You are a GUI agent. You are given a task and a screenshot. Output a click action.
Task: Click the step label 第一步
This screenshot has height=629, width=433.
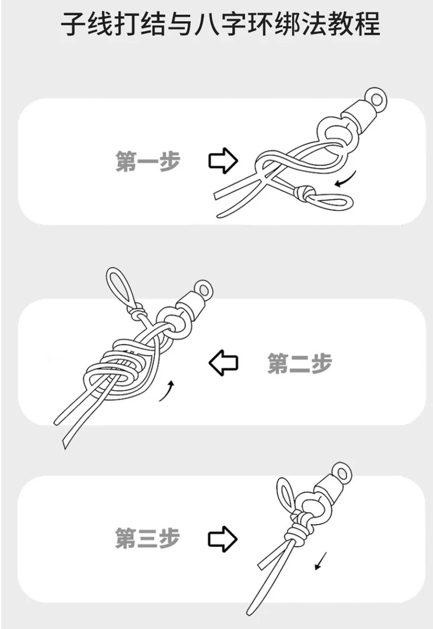tap(148, 161)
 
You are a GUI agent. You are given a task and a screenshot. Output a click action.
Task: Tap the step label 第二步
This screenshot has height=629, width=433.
tap(300, 363)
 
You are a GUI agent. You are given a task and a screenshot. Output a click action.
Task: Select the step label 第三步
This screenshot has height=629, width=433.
tap(147, 538)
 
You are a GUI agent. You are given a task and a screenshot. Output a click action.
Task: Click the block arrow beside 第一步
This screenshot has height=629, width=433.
tap(223, 160)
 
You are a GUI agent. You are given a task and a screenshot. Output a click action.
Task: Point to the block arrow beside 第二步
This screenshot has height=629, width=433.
tap(224, 363)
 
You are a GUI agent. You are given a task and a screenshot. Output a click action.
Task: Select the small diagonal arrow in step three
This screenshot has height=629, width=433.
tap(322, 560)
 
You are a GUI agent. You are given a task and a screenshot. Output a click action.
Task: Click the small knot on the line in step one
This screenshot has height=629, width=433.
tap(304, 193)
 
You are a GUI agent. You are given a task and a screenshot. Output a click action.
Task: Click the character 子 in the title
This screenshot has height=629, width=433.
tap(73, 24)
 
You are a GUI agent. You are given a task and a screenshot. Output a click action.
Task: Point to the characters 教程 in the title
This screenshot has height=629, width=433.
tap(353, 24)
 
